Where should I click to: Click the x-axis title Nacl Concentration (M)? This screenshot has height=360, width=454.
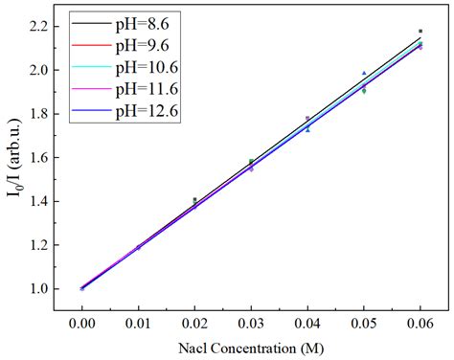pyautogui.click(x=251, y=346)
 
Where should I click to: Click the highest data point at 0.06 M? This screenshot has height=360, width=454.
pyautogui.click(x=420, y=32)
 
